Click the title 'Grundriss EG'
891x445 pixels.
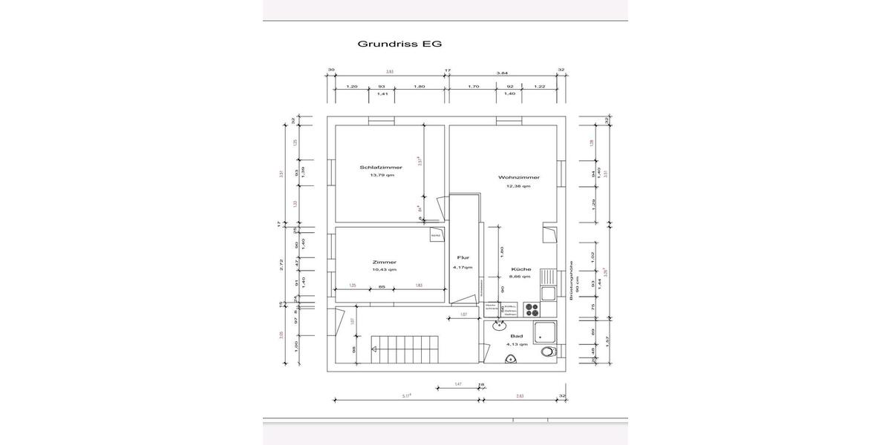click(399, 44)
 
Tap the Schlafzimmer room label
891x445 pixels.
click(376, 168)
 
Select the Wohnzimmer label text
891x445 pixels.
click(519, 178)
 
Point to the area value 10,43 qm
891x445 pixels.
click(384, 269)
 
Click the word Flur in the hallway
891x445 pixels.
click(463, 258)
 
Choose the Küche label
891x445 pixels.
click(520, 269)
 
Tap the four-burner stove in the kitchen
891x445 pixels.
click(532, 309)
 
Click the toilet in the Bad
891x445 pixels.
click(549, 352)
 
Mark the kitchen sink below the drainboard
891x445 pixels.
click(547, 293)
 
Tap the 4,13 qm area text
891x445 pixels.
click(517, 344)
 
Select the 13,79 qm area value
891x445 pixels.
click(376, 176)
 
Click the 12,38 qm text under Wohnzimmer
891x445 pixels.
click(519, 186)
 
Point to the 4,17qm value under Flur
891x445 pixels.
click(463, 267)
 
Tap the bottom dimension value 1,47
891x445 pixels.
click(458, 385)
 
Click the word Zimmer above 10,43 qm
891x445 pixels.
click(384, 261)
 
